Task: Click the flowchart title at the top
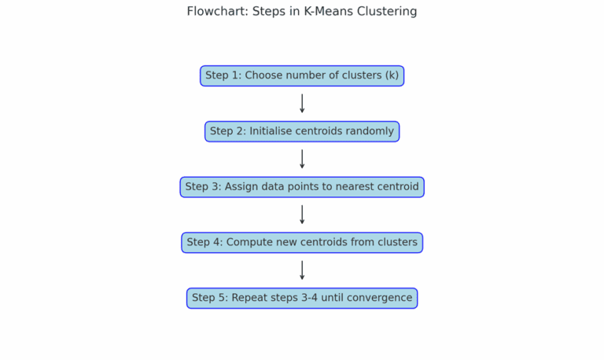pyautogui.click(x=302, y=12)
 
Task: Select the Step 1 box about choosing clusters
pyautogui.click(x=302, y=76)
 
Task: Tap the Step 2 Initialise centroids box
pyautogui.click(x=302, y=131)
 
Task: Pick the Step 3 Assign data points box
pyautogui.click(x=302, y=187)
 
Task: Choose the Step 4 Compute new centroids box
pyautogui.click(x=302, y=243)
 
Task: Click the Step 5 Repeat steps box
pyautogui.click(x=302, y=298)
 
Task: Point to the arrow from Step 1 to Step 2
pyautogui.click(x=302, y=104)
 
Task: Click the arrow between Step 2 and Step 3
pyautogui.click(x=302, y=160)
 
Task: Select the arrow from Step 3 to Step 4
pyautogui.click(x=302, y=215)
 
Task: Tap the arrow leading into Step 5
pyautogui.click(x=302, y=270)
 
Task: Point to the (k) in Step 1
pyautogui.click(x=391, y=76)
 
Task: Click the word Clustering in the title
pyautogui.click(x=385, y=12)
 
